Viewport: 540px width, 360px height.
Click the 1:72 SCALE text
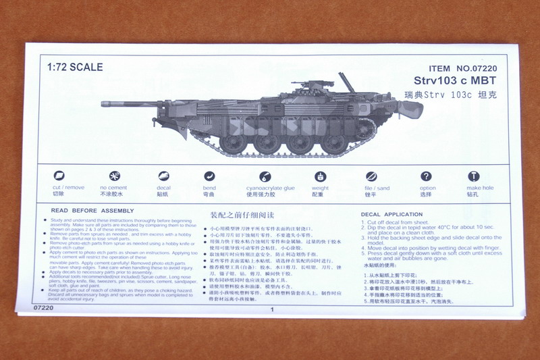click(75, 68)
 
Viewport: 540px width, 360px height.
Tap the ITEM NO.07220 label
click(462, 69)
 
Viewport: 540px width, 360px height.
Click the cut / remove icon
click(59, 176)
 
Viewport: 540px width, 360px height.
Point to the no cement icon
click(113, 176)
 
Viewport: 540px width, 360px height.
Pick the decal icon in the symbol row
click(163, 176)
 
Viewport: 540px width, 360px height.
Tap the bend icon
click(209, 176)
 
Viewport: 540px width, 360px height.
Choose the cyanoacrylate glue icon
click(270, 176)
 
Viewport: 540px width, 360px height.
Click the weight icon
click(320, 176)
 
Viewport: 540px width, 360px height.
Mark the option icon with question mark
click(427, 176)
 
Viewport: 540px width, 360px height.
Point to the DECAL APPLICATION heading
click(392, 215)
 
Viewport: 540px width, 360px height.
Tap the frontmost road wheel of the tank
click(234, 143)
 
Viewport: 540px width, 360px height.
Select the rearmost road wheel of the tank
click(332, 143)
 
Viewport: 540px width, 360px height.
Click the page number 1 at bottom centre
click(271, 310)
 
